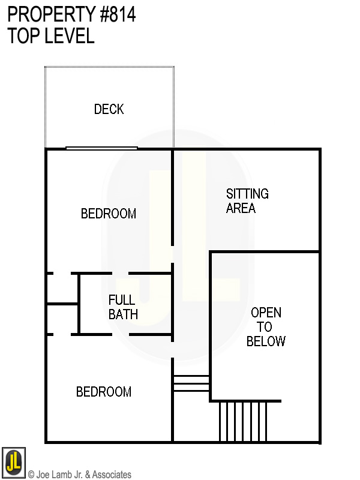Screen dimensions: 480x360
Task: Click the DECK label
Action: click(109, 109)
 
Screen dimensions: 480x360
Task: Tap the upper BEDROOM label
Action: click(109, 214)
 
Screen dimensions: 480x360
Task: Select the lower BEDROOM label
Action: click(104, 392)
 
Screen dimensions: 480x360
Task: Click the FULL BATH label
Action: click(123, 307)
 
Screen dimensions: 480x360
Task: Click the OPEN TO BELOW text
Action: click(266, 327)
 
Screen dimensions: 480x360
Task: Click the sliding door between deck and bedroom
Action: click(101, 148)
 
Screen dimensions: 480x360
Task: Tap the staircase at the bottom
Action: click(243, 421)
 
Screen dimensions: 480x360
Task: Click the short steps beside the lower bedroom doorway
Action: click(191, 383)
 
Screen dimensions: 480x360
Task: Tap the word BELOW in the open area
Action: click(266, 341)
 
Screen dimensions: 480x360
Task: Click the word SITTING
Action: click(247, 194)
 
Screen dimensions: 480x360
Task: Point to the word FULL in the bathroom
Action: click(122, 299)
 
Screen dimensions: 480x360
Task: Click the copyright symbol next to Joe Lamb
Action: click(31, 475)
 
